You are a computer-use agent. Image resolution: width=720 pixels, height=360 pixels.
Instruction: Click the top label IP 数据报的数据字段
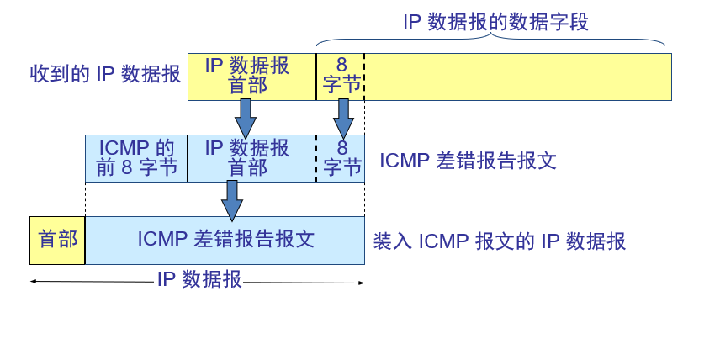495,22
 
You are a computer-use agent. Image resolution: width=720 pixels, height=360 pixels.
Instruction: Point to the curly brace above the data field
491,40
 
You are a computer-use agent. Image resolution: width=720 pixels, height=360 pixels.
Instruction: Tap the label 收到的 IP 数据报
105,74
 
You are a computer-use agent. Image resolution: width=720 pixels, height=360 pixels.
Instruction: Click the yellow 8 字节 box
341,77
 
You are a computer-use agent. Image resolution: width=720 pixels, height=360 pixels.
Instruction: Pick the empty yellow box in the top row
517,77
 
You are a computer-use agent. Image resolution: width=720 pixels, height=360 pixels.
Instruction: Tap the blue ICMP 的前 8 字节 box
136,158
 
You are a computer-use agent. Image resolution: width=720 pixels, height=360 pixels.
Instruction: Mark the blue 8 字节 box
341,158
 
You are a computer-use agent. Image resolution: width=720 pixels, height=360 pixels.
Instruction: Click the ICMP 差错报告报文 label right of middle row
468,161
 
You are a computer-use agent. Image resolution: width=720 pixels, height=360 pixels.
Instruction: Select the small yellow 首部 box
57,240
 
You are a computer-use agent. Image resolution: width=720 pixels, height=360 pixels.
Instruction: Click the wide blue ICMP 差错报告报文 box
225,240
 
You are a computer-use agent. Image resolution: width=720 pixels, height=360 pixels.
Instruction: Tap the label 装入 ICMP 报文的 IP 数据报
500,241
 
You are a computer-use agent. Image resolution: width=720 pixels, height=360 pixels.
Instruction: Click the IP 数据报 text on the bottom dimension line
199,280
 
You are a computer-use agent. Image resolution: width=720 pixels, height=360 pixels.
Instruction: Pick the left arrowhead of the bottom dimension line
34,282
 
